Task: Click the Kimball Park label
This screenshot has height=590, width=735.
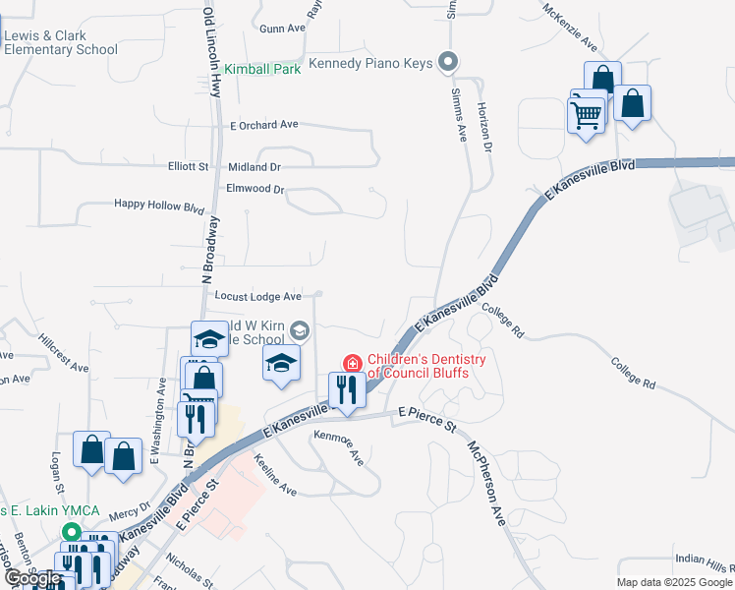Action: [262, 70]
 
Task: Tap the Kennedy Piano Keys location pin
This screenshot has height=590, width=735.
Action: [448, 63]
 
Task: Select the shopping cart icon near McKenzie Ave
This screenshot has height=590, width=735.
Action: [586, 115]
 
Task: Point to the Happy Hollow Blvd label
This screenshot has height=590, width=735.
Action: [158, 206]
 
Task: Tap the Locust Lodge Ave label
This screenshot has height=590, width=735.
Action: [257, 296]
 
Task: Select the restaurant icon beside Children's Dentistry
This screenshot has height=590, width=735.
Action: [347, 389]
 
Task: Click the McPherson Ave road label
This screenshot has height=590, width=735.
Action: [485, 483]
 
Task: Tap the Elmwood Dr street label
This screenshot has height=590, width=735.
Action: [254, 189]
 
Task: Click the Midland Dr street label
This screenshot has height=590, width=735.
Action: [254, 167]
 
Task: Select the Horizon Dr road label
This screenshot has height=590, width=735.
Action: [483, 127]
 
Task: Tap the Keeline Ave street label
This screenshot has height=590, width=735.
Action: [274, 474]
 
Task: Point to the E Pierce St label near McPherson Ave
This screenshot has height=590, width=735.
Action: [427, 421]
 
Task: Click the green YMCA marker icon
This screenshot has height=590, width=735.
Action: [71, 532]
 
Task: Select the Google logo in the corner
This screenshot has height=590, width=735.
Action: [33, 578]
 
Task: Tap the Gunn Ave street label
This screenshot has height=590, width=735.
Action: [282, 29]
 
